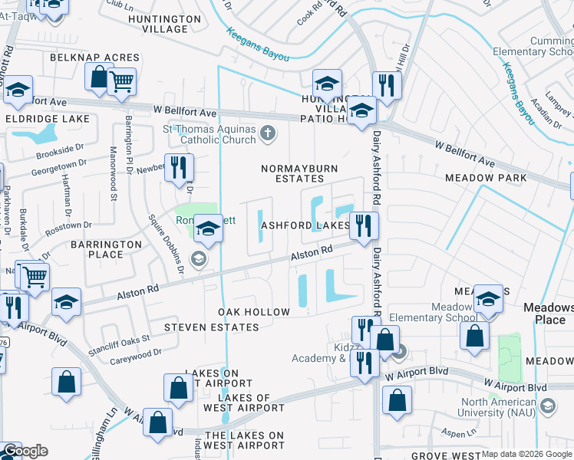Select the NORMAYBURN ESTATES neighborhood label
[x=299, y=172]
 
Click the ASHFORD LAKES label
[x=305, y=226]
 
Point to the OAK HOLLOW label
[x=254, y=312]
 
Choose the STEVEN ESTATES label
[x=212, y=327]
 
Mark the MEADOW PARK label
[x=485, y=178]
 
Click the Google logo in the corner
[x=25, y=451]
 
